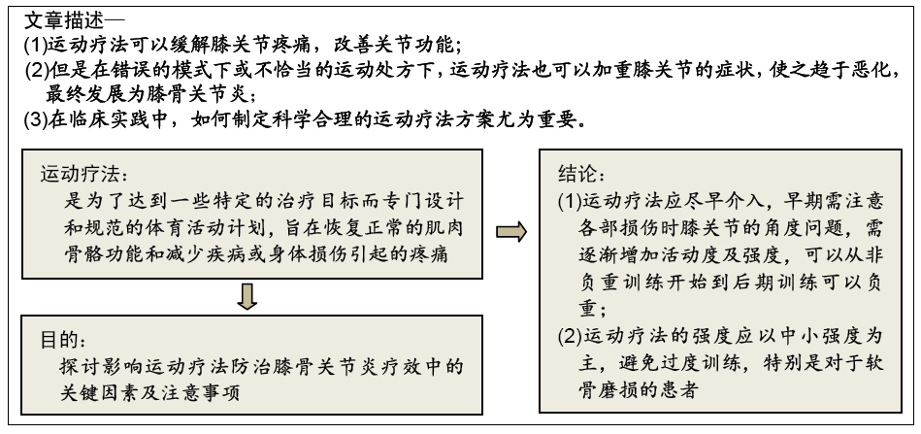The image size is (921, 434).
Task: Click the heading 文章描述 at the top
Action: click(x=63, y=21)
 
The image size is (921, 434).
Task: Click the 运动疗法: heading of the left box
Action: click(x=84, y=175)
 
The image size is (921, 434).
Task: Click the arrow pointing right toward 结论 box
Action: click(x=511, y=232)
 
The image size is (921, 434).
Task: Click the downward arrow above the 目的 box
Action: click(x=247, y=296)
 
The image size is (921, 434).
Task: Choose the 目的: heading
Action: click(x=63, y=340)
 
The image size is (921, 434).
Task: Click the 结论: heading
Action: click(x=581, y=175)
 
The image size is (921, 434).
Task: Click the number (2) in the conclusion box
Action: click(x=569, y=337)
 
